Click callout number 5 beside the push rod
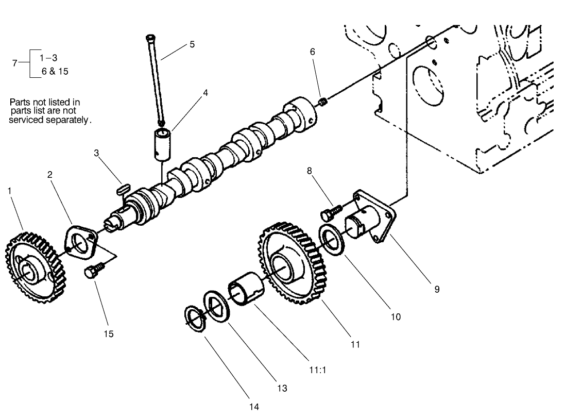(x=192, y=44)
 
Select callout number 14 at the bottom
(x=254, y=407)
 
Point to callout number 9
(x=437, y=289)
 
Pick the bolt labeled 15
(x=95, y=270)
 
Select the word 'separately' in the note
(x=67, y=120)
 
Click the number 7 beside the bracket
(x=15, y=63)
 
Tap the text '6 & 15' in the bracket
(x=55, y=72)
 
